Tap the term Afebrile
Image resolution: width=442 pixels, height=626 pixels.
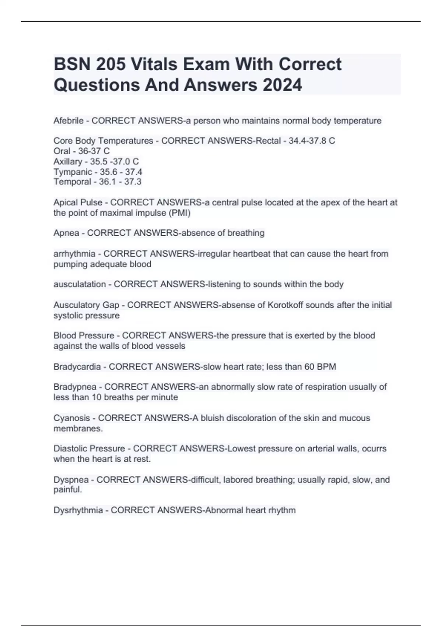69,121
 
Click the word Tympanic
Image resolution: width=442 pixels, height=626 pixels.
73,172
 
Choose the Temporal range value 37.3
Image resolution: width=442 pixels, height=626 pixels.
133,182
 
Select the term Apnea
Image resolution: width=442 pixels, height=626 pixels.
66,233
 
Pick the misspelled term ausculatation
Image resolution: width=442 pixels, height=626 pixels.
80,284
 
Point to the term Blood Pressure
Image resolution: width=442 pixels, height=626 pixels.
84,335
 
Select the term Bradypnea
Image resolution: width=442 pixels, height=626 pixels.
75,387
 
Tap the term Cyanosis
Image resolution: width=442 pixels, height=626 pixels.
71,418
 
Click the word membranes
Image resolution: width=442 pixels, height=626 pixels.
78,428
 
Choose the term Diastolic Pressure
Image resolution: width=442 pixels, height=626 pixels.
89,449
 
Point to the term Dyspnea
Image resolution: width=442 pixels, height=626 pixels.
71,480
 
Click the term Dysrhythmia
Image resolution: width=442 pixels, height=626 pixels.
78,510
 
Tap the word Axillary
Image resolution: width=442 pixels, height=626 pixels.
68,161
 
